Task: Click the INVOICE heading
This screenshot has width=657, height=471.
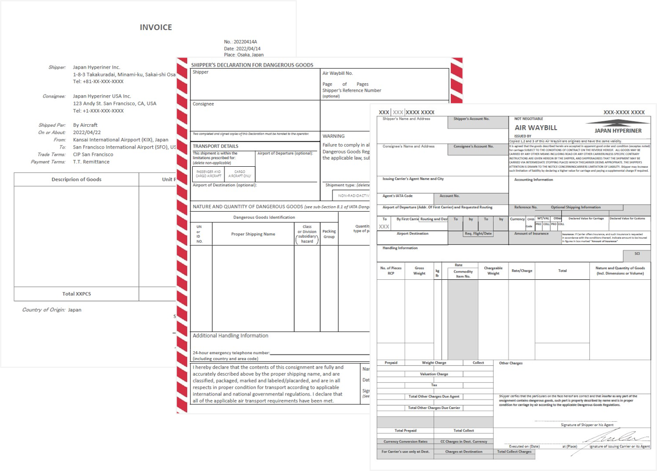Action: (156, 27)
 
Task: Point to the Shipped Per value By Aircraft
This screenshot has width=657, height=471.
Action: (85, 125)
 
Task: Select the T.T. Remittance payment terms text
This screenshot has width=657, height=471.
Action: (91, 162)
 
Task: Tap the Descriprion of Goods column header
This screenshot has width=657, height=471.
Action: (76, 180)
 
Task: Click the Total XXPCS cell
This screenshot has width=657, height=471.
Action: (76, 294)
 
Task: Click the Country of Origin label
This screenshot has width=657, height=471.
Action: (43, 310)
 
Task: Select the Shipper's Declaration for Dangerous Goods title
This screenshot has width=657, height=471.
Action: (252, 65)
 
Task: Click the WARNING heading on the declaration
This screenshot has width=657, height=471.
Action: (333, 136)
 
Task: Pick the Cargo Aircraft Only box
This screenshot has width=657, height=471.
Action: (240, 174)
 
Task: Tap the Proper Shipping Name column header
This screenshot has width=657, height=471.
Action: (253, 234)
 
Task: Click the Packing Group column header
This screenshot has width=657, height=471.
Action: (329, 234)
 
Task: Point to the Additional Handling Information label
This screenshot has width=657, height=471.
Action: (230, 336)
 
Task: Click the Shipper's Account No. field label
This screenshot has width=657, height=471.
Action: (471, 119)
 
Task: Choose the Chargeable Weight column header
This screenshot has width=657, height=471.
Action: (493, 270)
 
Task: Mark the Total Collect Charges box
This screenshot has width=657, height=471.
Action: (514, 452)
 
